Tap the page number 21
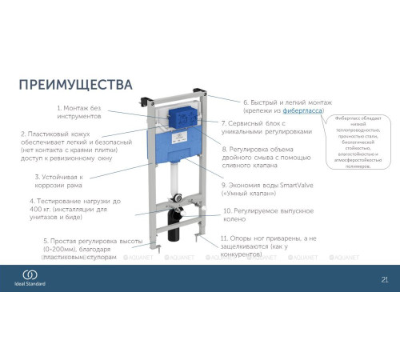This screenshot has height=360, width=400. click(x=384, y=279)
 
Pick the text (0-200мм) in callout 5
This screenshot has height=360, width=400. click(x=65, y=249)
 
